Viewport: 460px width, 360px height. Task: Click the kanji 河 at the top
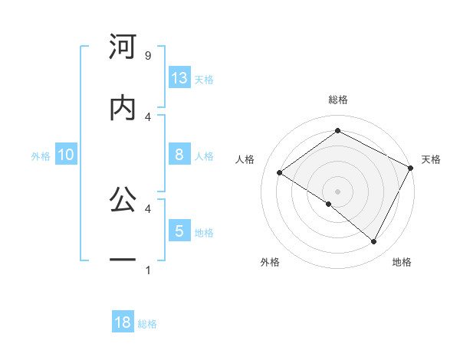click(x=123, y=47)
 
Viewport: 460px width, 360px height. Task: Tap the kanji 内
click(x=123, y=108)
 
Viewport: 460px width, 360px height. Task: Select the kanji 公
click(x=123, y=201)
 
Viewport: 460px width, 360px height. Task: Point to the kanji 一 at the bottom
click(x=123, y=260)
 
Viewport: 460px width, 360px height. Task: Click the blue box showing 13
click(x=179, y=77)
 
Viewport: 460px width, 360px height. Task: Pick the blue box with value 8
click(x=179, y=155)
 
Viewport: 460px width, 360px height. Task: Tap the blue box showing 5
click(x=179, y=231)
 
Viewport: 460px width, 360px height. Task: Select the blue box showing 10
click(x=66, y=155)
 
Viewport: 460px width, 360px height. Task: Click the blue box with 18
click(x=123, y=322)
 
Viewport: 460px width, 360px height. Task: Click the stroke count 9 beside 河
click(x=147, y=56)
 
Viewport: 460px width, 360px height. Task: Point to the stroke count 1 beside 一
click(x=147, y=270)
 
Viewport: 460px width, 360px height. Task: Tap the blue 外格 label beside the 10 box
click(x=41, y=156)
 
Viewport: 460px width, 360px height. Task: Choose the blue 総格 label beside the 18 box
click(x=147, y=324)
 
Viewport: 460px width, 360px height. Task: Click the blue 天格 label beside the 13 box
click(x=203, y=79)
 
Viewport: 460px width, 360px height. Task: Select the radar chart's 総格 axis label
click(x=337, y=100)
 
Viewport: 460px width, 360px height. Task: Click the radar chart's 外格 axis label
click(x=270, y=263)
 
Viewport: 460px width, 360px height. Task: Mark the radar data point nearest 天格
click(x=410, y=168)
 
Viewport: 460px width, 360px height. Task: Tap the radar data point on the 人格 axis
click(x=280, y=173)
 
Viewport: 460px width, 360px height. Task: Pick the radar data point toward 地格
click(x=374, y=241)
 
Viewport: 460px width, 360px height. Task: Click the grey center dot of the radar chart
click(x=337, y=191)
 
